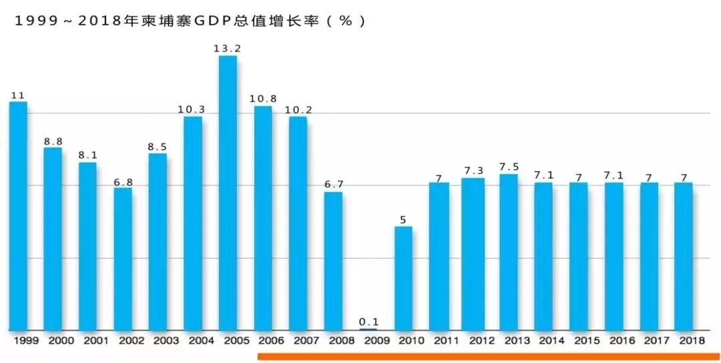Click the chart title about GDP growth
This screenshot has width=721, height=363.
coord(190,21)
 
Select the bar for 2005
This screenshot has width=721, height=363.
coord(228,193)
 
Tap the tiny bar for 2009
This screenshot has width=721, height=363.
coord(368,329)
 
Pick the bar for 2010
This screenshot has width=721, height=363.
coord(403,278)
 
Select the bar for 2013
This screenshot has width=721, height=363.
coord(509,252)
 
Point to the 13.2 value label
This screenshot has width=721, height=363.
coord(228,48)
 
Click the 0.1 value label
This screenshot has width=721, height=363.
coord(368,322)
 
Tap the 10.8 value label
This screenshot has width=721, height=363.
coord(263,99)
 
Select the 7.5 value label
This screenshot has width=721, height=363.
coord(509,167)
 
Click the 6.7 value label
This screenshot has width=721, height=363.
coord(333,184)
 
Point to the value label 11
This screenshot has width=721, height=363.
coord(18,95)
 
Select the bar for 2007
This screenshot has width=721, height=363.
coord(298,224)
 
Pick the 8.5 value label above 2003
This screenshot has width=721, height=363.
coord(158,146)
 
